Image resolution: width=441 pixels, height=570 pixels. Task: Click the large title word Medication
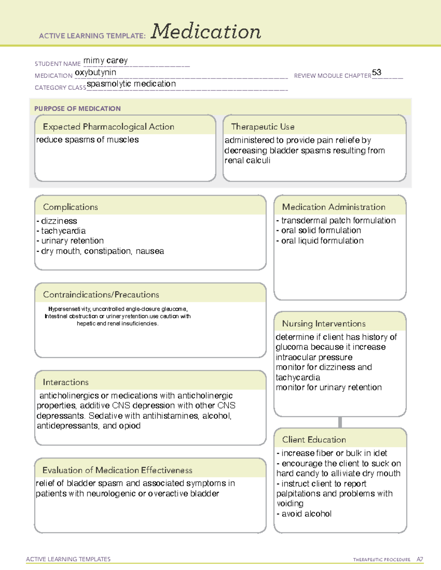point(206,32)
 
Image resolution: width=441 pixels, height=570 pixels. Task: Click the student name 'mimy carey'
point(105,61)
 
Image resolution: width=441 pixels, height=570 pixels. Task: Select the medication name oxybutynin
point(96,73)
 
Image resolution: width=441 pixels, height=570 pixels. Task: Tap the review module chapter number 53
point(377,72)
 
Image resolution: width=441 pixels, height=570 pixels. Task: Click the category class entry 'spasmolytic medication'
point(131,84)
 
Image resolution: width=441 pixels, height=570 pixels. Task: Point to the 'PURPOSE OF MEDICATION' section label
point(77,109)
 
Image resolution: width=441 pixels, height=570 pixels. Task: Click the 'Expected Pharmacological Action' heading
point(108,127)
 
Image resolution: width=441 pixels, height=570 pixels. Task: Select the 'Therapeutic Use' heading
point(262,127)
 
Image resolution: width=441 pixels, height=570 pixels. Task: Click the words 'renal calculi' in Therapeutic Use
point(247,160)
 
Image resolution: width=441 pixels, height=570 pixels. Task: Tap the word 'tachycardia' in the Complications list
point(63,231)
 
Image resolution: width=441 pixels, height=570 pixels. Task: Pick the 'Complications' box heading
point(70,207)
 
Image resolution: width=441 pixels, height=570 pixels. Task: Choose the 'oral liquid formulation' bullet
point(322,241)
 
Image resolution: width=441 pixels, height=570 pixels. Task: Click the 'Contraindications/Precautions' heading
point(101,295)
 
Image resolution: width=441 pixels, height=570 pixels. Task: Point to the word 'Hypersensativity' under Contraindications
point(69,309)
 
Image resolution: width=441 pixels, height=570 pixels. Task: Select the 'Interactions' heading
point(65,382)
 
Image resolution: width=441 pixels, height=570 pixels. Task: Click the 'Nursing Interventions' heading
point(323,324)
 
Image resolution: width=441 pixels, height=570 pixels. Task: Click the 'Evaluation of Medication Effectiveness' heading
point(117,470)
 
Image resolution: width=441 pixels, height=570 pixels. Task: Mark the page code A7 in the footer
point(420,559)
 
